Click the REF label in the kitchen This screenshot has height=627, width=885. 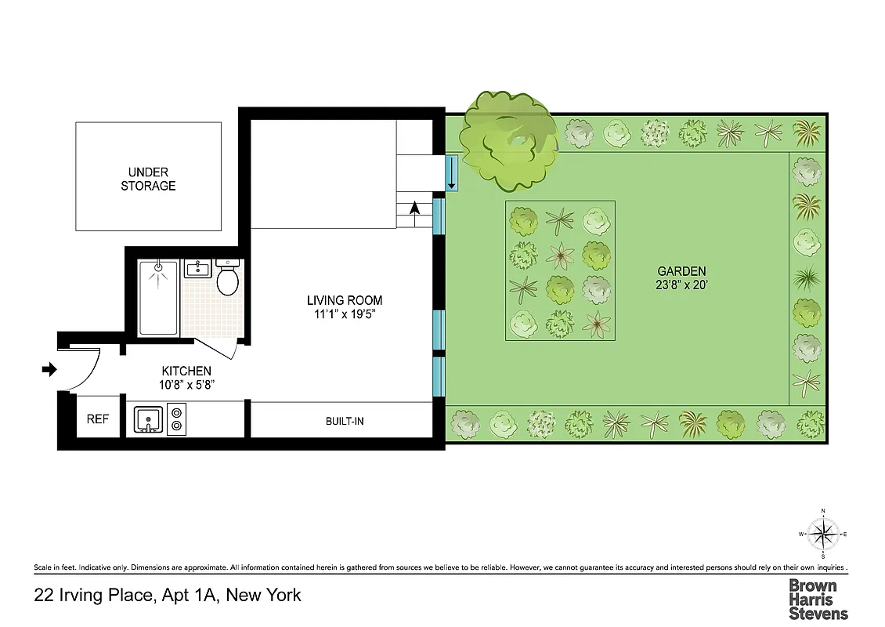pos(97,419)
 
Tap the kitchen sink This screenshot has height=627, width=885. pos(147,420)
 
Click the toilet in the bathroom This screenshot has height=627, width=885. pos(228,280)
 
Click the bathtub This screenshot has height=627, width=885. pos(158,298)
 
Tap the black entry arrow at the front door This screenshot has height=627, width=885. pos(49,369)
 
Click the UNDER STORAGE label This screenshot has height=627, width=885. pos(148,179)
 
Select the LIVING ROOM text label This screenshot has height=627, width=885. pos(345,300)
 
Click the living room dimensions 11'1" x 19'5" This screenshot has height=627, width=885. pos(345,314)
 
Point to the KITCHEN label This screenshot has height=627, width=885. pos(186,371)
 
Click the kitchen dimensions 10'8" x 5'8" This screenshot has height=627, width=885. pos(186,385)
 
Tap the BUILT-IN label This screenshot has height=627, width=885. pos(345,422)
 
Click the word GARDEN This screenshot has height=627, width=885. pos(681,271)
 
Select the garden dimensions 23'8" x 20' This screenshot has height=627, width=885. pos(681,286)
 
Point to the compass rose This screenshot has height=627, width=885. pos(823,535)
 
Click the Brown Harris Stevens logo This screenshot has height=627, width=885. pos(818,599)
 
